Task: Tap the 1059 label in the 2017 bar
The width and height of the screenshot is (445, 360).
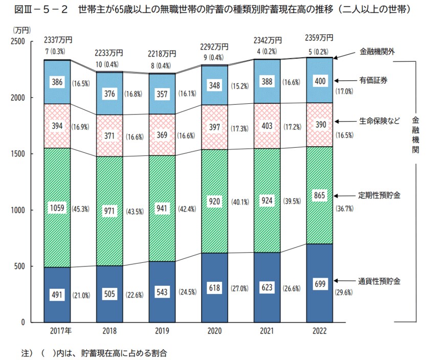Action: (57, 208)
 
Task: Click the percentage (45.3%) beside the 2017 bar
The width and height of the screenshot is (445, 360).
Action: (82, 208)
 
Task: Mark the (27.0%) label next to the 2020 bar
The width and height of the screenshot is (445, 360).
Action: (239, 288)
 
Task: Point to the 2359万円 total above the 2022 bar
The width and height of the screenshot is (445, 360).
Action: (319, 38)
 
